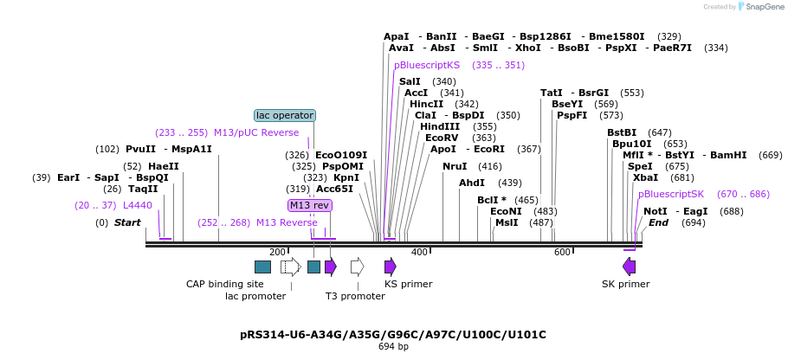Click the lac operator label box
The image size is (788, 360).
285,115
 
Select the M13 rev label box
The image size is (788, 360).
310,205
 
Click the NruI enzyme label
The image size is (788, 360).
455,166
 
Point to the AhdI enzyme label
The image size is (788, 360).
472,183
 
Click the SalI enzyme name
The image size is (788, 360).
410,81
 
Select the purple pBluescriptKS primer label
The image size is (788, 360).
427,65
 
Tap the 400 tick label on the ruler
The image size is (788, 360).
419,252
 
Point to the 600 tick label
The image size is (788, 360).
562,252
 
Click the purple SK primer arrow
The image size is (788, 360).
629,267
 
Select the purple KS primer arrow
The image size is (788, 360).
391,267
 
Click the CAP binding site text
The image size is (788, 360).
225,284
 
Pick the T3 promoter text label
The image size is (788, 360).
355,296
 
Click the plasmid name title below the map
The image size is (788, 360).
393,334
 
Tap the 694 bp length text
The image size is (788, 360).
393,347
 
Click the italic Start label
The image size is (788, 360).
127,222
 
